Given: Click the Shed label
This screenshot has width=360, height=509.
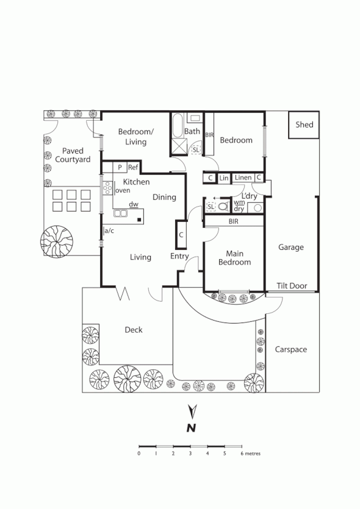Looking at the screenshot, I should [x=304, y=125].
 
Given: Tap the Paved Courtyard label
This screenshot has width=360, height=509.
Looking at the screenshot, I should [x=73, y=155].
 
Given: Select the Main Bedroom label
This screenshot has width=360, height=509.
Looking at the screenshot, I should [x=234, y=257].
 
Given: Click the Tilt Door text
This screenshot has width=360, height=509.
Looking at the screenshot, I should [x=290, y=285].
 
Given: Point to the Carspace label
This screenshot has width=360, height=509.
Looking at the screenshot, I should [x=290, y=349].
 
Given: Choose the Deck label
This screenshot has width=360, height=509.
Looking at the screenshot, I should [x=134, y=330].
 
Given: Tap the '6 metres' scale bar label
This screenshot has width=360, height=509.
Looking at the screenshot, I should [x=251, y=454].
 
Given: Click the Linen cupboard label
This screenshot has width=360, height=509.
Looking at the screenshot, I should [x=243, y=177].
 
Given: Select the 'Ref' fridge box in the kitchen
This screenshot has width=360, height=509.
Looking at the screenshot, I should [x=133, y=167].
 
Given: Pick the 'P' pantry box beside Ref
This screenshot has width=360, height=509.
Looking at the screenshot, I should [x=120, y=167].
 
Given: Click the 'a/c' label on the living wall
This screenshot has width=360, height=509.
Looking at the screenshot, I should [x=109, y=230].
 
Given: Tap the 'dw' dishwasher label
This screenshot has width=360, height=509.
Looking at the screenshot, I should [x=133, y=205].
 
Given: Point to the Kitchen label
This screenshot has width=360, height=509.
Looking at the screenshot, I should [x=136, y=182].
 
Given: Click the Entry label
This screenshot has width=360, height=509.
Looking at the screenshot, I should [x=179, y=257].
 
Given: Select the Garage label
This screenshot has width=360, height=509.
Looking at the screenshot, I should [x=290, y=247].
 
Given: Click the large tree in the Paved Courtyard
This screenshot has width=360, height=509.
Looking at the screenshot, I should [x=56, y=243].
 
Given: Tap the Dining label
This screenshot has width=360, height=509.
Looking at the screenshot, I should [x=164, y=197].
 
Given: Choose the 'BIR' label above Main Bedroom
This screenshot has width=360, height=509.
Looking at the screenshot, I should [x=233, y=222].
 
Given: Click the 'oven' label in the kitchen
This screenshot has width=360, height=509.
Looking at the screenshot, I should [x=122, y=190].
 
